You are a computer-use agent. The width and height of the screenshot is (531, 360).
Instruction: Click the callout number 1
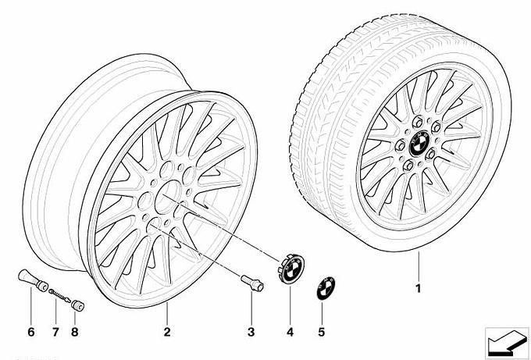pos(419,288)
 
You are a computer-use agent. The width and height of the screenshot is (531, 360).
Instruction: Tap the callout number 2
pos(167,332)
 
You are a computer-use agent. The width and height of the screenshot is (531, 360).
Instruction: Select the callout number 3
pos(251,332)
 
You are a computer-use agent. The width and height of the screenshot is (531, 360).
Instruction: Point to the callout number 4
pos(290,332)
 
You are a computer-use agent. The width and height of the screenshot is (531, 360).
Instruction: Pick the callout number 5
pos(322,332)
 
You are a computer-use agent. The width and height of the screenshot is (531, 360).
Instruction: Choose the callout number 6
pos(30,332)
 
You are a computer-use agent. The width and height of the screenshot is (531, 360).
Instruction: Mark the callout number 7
pos(55,332)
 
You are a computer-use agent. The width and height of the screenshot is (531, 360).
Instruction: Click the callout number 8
pos(75,332)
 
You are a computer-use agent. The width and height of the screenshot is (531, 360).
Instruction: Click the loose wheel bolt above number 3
pos(252,283)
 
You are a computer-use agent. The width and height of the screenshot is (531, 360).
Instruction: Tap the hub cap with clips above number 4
pos(291,269)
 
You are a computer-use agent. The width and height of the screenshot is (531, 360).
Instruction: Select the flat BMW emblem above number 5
pos(326,288)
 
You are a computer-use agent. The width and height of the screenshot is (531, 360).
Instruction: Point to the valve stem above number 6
pos(32,280)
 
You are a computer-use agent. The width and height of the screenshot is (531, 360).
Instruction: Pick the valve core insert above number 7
pos(59,295)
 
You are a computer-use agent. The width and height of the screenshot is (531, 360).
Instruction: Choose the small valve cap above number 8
pos(77,305)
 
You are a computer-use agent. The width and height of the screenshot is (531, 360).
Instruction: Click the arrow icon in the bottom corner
pos(507,342)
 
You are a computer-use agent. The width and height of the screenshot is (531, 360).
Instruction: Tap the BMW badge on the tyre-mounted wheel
pos(419,144)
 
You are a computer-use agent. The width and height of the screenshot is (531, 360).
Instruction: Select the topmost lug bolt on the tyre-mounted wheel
pos(418,122)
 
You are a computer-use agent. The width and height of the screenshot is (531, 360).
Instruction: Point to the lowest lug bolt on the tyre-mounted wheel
pos(408,166)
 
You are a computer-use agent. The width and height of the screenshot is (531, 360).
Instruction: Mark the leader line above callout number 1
pos(419,266)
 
